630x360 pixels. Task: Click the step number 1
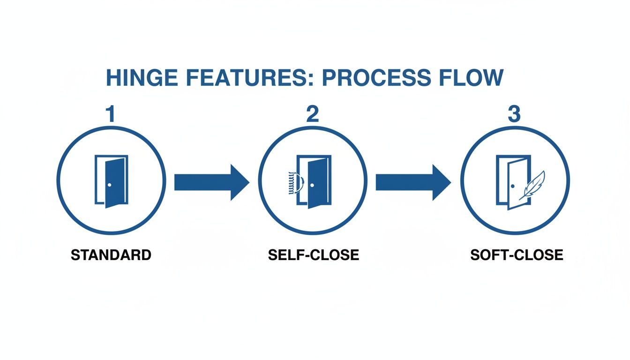(111, 115)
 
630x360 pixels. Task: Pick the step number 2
(312, 115)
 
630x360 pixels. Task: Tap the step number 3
(514, 115)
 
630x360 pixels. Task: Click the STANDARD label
(111, 255)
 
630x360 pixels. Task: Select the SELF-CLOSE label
(314, 255)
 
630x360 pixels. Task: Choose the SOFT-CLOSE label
(516, 255)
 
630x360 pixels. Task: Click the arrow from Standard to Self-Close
(211, 182)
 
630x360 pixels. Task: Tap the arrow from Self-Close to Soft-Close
(413, 182)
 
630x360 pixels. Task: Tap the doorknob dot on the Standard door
(109, 185)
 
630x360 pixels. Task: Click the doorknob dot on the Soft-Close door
(513, 187)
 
